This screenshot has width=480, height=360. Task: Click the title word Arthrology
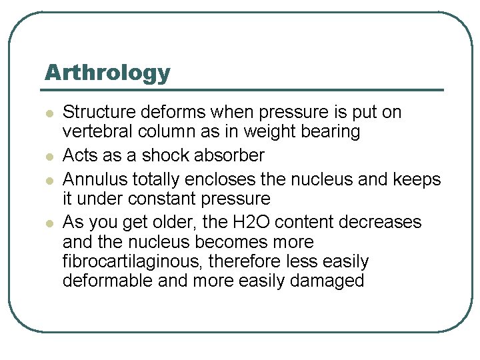107,72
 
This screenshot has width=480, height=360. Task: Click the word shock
169,155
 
